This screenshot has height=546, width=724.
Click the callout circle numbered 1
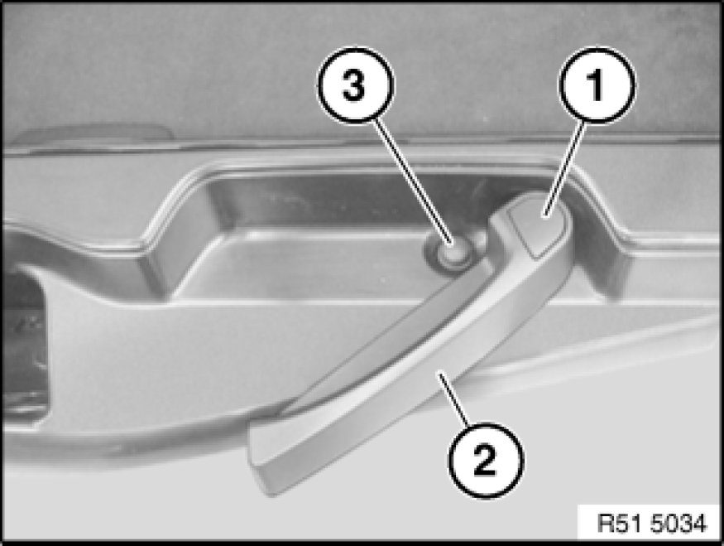[x=597, y=85]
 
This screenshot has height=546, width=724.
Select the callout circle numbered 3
[x=356, y=85]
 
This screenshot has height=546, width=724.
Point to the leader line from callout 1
[x=566, y=169]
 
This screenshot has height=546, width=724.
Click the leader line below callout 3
[x=413, y=181]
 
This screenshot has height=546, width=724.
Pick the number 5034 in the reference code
[x=678, y=524]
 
